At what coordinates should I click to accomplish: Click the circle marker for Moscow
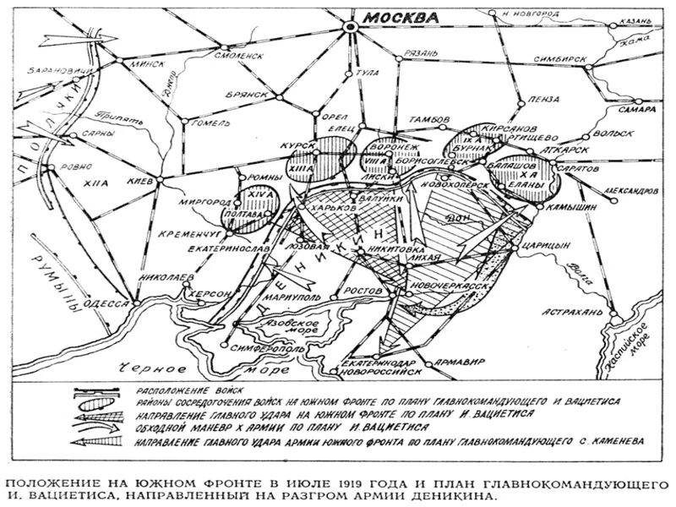[x=350, y=29]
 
